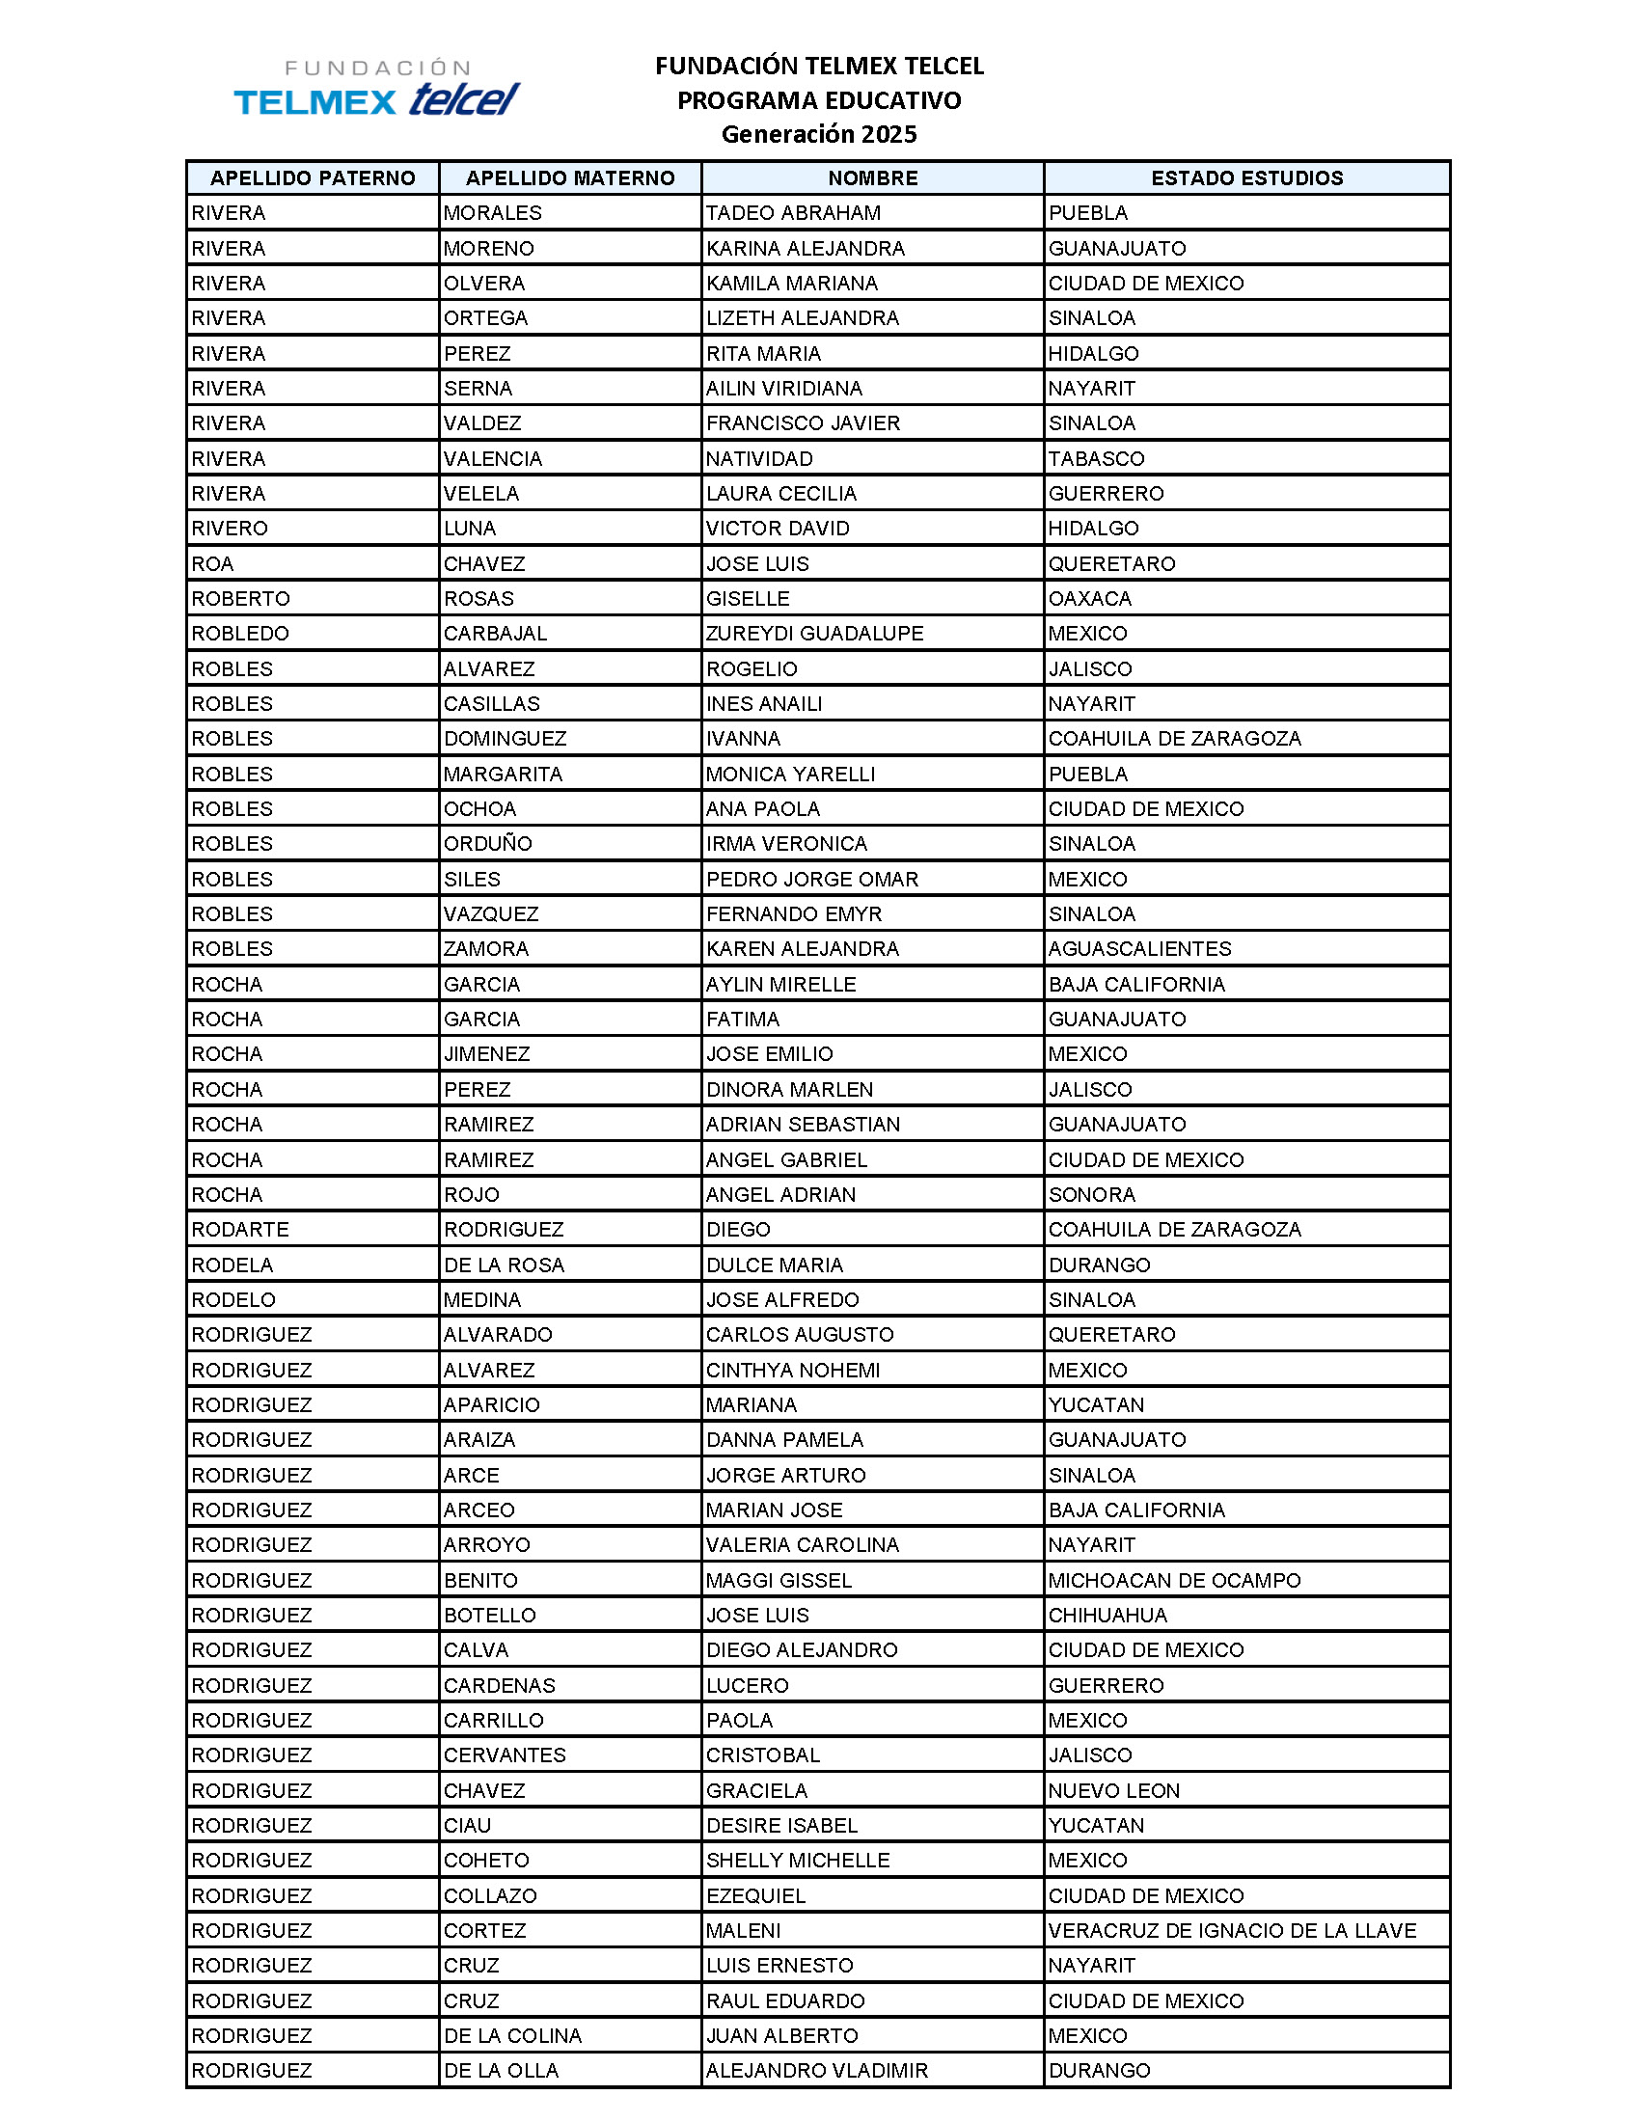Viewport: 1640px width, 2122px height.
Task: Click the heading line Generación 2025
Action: [x=818, y=134]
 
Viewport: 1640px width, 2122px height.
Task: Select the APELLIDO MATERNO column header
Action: [x=570, y=177]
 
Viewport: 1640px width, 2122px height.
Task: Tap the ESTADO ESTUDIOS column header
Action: [x=1246, y=177]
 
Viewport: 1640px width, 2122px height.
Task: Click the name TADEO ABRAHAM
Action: [x=793, y=213]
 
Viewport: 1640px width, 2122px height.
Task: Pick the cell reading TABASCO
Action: [x=1096, y=458]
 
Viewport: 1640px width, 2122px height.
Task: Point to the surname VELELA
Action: [x=481, y=494]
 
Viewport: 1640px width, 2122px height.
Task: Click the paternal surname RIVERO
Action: [x=230, y=529]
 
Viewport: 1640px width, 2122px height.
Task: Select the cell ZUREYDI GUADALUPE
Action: [x=814, y=634]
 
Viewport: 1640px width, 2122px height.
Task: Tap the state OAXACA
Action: [x=1089, y=599]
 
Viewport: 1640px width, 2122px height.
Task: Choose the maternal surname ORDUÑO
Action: [x=488, y=843]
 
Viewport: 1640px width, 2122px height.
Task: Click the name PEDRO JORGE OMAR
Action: [x=812, y=880]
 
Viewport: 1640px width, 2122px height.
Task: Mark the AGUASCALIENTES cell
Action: [x=1139, y=949]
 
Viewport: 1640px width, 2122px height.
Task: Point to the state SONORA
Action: [x=1091, y=1194]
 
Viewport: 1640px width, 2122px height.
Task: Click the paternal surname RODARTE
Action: [x=240, y=1229]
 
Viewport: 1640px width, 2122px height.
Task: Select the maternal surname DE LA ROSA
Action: [x=504, y=1265]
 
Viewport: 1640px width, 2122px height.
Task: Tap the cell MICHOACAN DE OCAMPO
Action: [x=1174, y=1580]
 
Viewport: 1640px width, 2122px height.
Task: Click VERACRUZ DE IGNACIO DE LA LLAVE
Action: [x=1232, y=1931]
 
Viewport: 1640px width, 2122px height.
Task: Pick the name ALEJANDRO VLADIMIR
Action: [x=816, y=2071]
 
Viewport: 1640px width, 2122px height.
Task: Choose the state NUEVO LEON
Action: [x=1113, y=1791]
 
